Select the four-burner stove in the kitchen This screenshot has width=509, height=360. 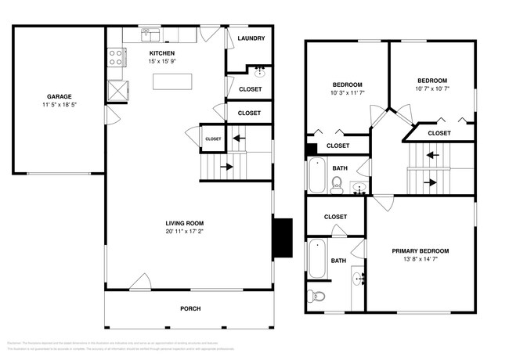pyautogui.click(x=116, y=57)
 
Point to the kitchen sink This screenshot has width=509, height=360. pyautogui.click(x=147, y=34)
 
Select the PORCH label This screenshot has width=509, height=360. pyautogui.click(x=190, y=308)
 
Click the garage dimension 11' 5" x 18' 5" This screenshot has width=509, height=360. pyautogui.click(x=59, y=104)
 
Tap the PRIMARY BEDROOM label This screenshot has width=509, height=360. pyautogui.click(x=421, y=251)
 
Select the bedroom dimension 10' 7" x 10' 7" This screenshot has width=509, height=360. pyautogui.click(x=431, y=89)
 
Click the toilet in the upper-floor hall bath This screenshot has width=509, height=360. pyautogui.click(x=337, y=184)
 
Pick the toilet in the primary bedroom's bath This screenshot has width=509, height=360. pyautogui.click(x=314, y=296)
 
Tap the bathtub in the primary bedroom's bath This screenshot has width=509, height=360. pyautogui.click(x=317, y=260)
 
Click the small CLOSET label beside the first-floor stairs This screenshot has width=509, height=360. pyautogui.click(x=213, y=139)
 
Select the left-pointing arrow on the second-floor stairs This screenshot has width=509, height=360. pyautogui.click(x=430, y=155)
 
